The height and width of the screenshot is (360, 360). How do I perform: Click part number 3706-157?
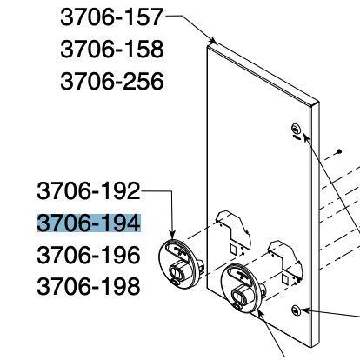[112, 17]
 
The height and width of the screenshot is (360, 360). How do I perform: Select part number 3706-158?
[112, 49]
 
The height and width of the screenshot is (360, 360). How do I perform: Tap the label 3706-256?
[112, 81]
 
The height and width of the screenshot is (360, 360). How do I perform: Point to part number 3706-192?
[89, 191]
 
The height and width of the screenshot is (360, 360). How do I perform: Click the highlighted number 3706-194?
[89, 223]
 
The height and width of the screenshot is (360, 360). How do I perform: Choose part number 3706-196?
[89, 255]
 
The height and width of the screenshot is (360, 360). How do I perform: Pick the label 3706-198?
[89, 286]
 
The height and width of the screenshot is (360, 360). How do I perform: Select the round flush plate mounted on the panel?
[242, 288]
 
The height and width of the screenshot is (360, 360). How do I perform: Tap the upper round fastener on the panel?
[296, 128]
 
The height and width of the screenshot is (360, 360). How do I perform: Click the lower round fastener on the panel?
[296, 310]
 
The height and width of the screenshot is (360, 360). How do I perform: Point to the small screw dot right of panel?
[339, 151]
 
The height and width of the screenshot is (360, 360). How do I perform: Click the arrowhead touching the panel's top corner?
[214, 41]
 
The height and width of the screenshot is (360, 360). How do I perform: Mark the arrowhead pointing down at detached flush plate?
[172, 235]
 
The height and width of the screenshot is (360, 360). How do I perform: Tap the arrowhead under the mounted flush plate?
[260, 313]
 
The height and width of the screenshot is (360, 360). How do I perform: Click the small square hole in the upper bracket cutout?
[233, 248]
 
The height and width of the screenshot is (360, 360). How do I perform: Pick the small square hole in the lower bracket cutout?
[285, 279]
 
